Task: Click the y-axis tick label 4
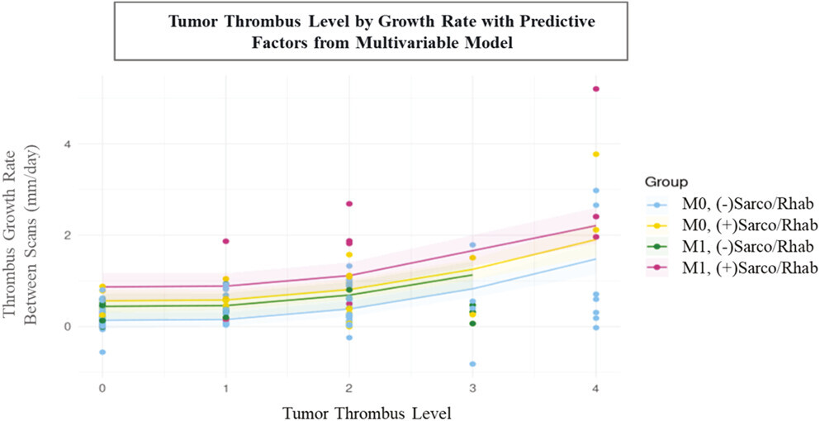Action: pos(69,144)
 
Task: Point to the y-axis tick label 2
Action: pos(69,235)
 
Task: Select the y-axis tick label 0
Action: pos(69,327)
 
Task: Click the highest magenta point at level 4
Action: pos(595,89)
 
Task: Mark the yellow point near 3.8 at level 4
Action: pos(595,154)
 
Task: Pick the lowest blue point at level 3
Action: pos(472,364)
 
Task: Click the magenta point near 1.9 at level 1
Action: pos(225,241)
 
